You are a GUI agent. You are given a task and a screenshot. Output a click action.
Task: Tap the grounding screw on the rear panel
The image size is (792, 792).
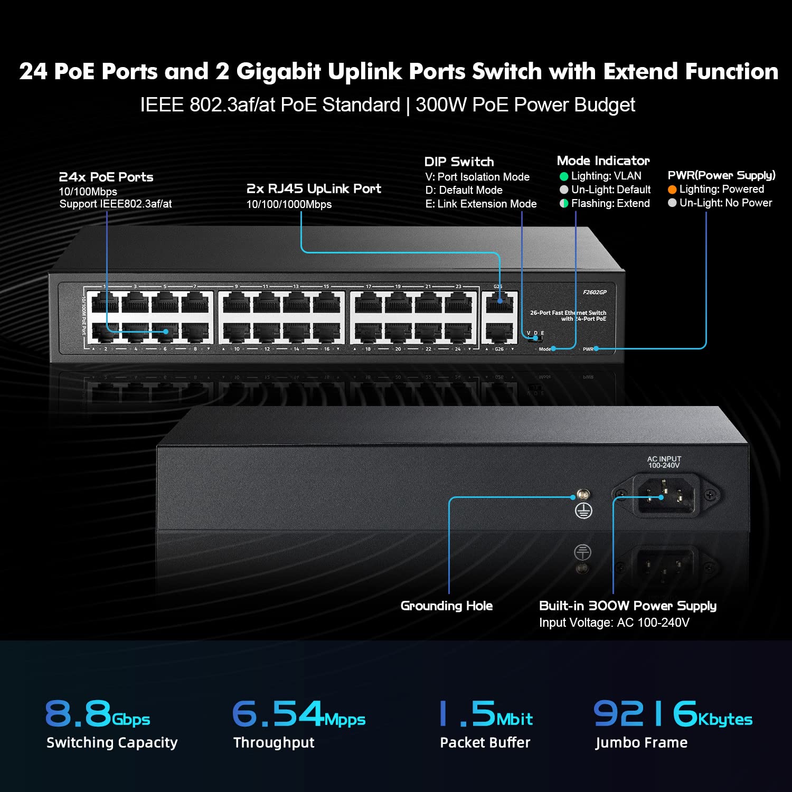[583, 495]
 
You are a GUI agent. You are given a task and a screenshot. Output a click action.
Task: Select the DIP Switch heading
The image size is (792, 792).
[459, 162]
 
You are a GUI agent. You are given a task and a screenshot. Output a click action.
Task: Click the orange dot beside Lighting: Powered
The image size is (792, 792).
[672, 190]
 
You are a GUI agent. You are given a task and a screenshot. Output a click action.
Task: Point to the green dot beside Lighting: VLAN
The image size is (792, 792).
[564, 176]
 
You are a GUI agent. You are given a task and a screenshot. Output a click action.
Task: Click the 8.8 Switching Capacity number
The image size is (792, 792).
[78, 713]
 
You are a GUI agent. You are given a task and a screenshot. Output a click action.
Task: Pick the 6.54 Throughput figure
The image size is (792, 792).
[277, 713]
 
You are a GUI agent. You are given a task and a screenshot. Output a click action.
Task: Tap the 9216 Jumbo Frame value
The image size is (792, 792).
[645, 713]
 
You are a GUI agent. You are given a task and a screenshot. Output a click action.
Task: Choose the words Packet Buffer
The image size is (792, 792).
[485, 742]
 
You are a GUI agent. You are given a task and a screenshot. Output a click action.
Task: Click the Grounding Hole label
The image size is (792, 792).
[446, 606]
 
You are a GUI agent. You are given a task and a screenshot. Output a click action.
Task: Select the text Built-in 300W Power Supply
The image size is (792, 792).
[627, 606]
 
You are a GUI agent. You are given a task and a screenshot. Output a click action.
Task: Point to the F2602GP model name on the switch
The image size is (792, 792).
[595, 292]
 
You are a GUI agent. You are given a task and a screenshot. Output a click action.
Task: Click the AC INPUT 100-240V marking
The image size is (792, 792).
[664, 462]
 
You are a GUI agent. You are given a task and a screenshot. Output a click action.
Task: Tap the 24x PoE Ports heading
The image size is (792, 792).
[106, 177]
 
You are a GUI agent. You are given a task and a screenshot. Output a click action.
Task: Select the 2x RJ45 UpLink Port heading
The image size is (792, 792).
[314, 188]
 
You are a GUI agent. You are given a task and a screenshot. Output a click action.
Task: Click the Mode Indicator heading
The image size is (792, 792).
[603, 161]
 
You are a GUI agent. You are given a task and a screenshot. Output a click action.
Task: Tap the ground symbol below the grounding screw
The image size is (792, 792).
[583, 511]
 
